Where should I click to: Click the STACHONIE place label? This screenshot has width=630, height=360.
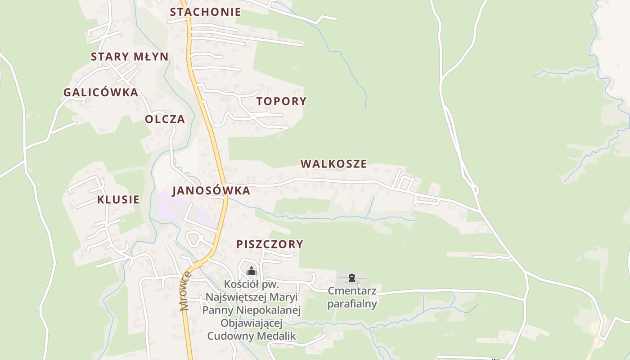[205, 12]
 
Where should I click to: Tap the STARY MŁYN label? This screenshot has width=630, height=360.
[130, 57]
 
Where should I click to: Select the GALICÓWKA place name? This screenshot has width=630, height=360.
[100, 93]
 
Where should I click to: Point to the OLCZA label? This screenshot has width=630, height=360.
[165, 119]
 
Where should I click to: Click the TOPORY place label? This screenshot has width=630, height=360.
[281, 101]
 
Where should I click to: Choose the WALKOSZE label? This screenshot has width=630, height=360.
[333, 164]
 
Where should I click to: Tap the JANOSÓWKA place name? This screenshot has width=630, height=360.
[211, 190]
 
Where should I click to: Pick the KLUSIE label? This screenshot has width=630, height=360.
[118, 200]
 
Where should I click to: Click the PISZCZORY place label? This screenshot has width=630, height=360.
[270, 244]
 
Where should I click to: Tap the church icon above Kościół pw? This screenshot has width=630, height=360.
[251, 271]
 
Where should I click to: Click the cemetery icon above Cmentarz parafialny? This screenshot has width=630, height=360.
[352, 278]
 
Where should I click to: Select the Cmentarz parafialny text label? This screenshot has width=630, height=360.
[352, 297]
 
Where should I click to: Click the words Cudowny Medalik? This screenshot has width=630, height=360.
[252, 336]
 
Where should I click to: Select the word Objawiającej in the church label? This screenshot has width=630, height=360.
[252, 323]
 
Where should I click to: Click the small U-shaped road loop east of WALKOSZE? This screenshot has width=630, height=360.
[405, 181]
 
